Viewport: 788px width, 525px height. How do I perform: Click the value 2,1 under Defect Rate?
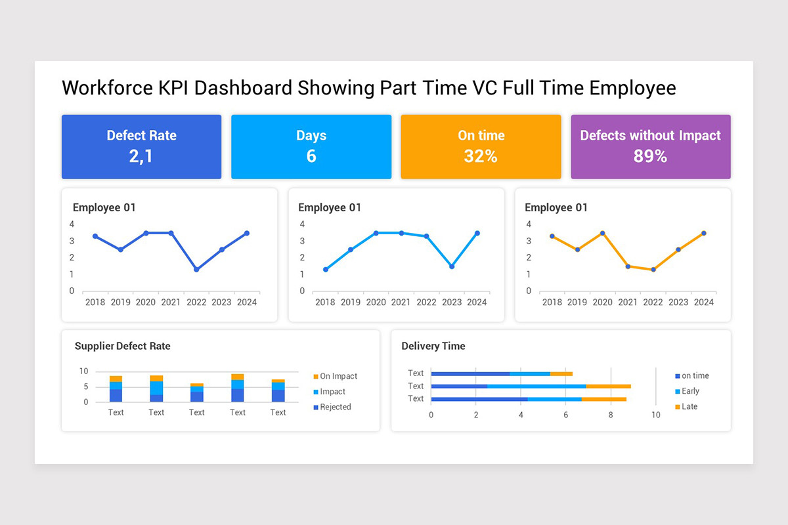click(x=141, y=156)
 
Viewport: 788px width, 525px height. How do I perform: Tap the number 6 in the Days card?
click(x=311, y=156)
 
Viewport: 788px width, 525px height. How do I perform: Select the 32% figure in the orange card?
click(x=481, y=156)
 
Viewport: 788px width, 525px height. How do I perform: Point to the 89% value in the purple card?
click(x=650, y=156)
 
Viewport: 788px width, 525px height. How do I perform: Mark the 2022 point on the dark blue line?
click(x=196, y=270)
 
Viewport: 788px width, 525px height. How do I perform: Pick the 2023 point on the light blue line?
click(x=452, y=266)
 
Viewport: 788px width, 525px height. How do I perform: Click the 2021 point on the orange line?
click(x=628, y=266)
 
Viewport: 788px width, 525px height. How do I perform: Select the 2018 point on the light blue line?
click(x=326, y=270)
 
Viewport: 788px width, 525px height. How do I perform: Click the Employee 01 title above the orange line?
click(x=556, y=207)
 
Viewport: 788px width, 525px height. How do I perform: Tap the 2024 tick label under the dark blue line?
click(x=247, y=303)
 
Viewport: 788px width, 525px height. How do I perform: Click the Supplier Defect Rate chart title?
click(x=122, y=346)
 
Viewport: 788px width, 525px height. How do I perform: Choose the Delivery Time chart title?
click(x=433, y=346)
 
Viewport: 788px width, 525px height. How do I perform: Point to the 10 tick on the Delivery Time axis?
click(x=655, y=415)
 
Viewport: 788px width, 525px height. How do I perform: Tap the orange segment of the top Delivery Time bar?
click(x=561, y=373)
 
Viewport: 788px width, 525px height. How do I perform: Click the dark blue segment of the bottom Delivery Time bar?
click(x=479, y=399)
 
